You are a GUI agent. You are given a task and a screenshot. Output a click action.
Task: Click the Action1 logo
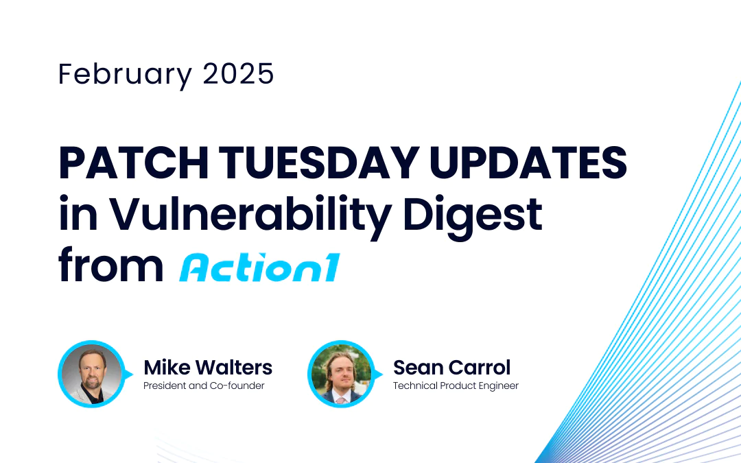pos(259,267)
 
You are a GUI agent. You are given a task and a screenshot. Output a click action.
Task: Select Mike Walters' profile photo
pos(91,374)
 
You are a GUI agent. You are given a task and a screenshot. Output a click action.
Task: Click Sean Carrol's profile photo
pos(340,374)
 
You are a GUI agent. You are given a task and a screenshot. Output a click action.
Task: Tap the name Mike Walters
pos(208,367)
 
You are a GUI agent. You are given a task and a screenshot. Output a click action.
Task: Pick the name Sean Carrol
pos(451,367)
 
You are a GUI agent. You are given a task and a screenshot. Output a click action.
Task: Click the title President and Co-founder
pos(204,385)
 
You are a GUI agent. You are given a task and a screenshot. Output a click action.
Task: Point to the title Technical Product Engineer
pos(456,385)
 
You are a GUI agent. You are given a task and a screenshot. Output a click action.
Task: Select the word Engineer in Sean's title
pos(499,385)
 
